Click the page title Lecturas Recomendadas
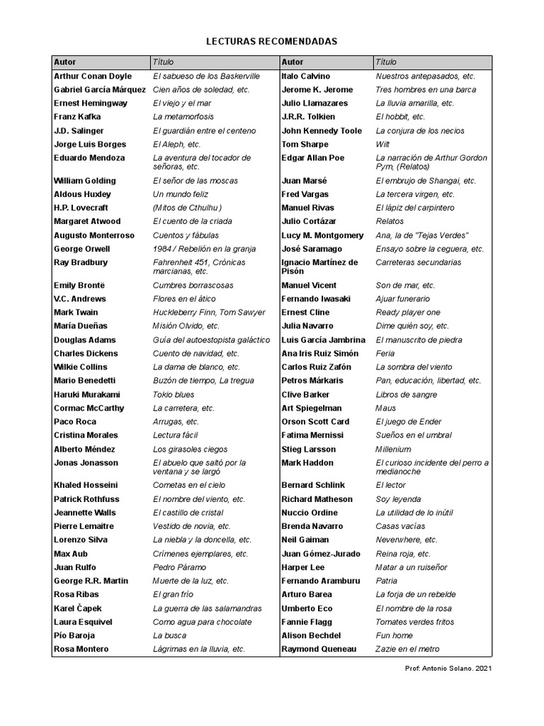(271, 42)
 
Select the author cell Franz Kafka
(77, 117)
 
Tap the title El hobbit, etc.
(400, 117)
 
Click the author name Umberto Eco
(307, 608)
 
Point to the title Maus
(385, 408)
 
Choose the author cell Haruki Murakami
(87, 395)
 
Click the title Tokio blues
(174, 395)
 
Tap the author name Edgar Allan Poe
(312, 158)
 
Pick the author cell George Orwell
(82, 250)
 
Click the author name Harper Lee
(304, 567)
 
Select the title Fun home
(394, 636)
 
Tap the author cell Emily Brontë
(80, 286)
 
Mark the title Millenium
(393, 449)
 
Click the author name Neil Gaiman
(306, 540)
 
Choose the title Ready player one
(408, 313)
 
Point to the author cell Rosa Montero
(81, 649)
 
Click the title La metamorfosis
(182, 117)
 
